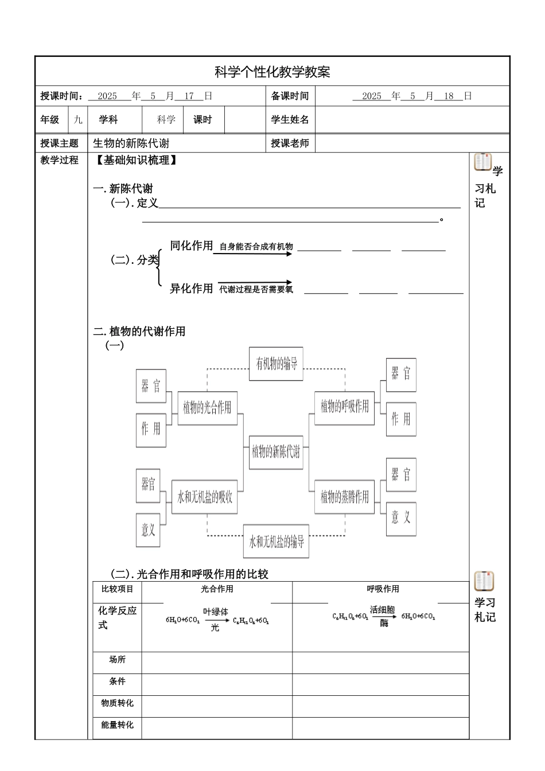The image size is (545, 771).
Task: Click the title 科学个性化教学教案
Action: click(x=272, y=72)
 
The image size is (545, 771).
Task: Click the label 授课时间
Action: click(x=61, y=96)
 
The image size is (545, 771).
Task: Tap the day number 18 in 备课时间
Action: click(x=449, y=96)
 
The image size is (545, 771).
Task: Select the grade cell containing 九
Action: click(x=78, y=120)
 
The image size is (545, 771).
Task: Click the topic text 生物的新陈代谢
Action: click(x=131, y=143)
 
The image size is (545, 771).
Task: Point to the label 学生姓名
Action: click(x=290, y=120)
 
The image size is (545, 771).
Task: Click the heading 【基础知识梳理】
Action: click(x=135, y=161)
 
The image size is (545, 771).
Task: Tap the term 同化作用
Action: click(x=191, y=246)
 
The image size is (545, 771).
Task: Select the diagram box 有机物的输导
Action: click(x=276, y=363)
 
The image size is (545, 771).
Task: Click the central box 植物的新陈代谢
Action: click(x=276, y=452)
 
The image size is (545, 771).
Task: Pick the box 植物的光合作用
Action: click(x=207, y=408)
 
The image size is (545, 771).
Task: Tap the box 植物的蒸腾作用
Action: click(x=345, y=497)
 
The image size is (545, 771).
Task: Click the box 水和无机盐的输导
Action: click(x=276, y=542)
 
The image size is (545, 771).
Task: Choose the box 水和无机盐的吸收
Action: click(x=205, y=497)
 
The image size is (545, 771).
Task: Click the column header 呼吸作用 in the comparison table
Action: click(x=383, y=589)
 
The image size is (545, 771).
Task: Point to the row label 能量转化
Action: click(x=117, y=725)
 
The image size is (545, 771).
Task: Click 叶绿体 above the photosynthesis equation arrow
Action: click(x=216, y=612)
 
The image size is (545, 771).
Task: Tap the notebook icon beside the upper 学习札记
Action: click(x=483, y=162)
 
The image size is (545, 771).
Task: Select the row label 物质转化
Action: click(x=117, y=703)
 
